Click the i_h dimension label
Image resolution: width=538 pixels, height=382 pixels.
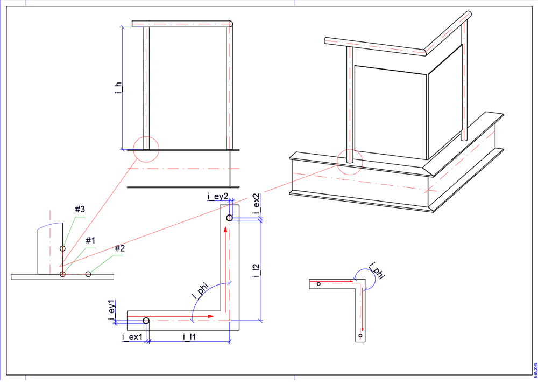pos(118,89)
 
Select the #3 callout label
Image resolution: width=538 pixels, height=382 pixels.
pos(80,210)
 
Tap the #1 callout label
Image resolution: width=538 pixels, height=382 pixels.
pos(90,240)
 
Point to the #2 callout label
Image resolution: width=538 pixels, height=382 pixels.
pos(119,248)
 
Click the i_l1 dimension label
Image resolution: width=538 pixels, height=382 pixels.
pos(189,337)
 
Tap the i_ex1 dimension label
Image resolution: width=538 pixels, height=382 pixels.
pos(132,337)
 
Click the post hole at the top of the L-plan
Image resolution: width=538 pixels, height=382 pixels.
pos(229,218)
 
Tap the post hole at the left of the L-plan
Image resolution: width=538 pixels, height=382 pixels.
pos(146,321)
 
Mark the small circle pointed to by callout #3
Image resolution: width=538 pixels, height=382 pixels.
pos(62,248)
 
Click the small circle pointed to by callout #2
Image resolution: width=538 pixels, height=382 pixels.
pos(88,274)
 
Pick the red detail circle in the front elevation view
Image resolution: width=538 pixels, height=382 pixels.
pos(146,149)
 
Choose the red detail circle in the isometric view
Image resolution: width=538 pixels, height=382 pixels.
pos(350,161)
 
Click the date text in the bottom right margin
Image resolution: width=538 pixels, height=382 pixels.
pos(535,369)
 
